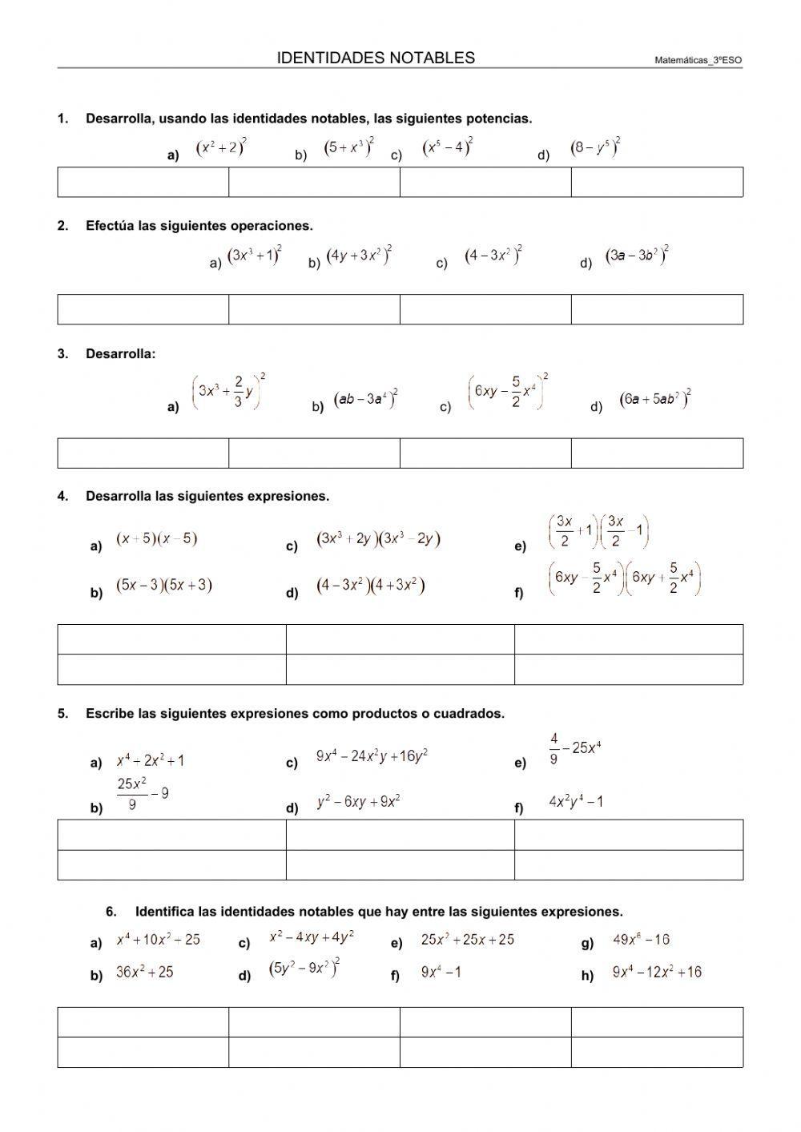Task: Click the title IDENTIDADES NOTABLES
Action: coord(376,58)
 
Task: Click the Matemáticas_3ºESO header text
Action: coord(698,60)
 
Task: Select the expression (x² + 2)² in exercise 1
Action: coord(221,148)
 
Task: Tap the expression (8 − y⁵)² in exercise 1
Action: coord(595,148)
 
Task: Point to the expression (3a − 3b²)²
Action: coord(637,256)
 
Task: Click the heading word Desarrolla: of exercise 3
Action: coord(121,353)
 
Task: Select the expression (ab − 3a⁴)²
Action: coord(366,399)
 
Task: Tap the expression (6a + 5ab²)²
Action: coord(655,399)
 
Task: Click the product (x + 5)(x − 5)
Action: coord(157,539)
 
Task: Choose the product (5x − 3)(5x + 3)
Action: coord(164,586)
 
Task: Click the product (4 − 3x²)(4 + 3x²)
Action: coord(370,586)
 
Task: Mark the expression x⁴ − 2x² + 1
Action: coord(151,761)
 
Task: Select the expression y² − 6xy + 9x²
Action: coord(358,801)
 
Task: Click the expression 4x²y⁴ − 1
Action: coord(576,801)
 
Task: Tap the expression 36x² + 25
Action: coord(145,973)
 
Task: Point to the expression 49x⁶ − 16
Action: coord(641,940)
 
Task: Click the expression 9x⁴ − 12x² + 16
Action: coord(657,973)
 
